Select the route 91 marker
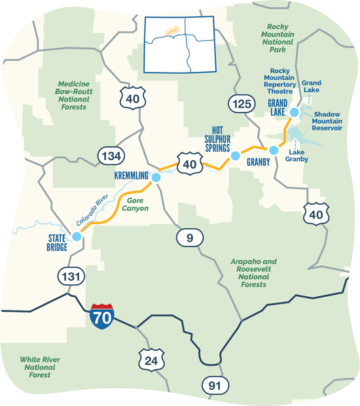point(215,386)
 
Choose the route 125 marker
point(240,102)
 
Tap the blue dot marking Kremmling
point(155,177)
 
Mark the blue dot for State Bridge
point(77,237)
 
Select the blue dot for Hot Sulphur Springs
point(235,156)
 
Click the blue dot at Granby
point(274,150)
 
